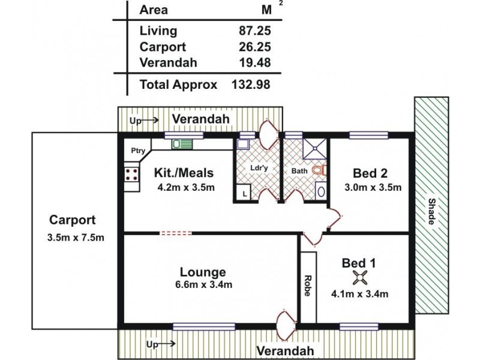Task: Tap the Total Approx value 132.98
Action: (x=250, y=85)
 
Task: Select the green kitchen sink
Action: (x=182, y=144)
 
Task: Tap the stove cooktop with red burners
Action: (x=131, y=175)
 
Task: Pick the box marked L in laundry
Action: (x=245, y=193)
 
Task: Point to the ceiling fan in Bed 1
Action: (x=360, y=277)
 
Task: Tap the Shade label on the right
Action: (x=431, y=212)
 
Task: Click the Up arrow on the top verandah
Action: (x=144, y=121)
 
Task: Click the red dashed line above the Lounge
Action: (x=176, y=233)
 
